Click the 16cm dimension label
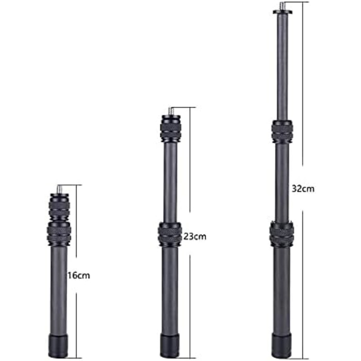[78, 275]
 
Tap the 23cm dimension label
[195, 236]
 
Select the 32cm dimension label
[303, 189]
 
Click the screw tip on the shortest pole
[60, 189]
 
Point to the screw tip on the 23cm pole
[170, 111]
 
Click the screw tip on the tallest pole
[282, 6]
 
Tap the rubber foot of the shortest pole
[58, 347]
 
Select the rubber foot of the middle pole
[170, 346]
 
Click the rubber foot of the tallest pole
[281, 346]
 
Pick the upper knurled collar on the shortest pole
[59, 207]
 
